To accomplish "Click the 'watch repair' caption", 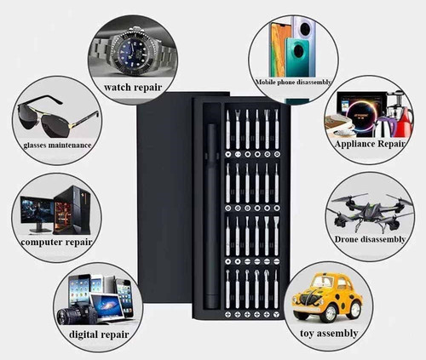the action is point(133,88).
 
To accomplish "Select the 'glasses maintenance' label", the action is point(57,146).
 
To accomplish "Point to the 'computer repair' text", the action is point(56,243).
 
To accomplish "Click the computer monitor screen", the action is point(37,211).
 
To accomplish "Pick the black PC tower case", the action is point(72,210).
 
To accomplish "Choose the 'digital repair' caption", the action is point(99,334).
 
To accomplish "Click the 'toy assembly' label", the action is point(329,333).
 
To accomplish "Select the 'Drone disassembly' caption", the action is point(370,239).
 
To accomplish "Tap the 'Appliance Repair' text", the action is point(370,144).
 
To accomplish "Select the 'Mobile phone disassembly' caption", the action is point(294,83).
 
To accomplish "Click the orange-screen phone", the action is point(280,49).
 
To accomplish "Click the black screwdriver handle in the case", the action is point(211,215).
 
